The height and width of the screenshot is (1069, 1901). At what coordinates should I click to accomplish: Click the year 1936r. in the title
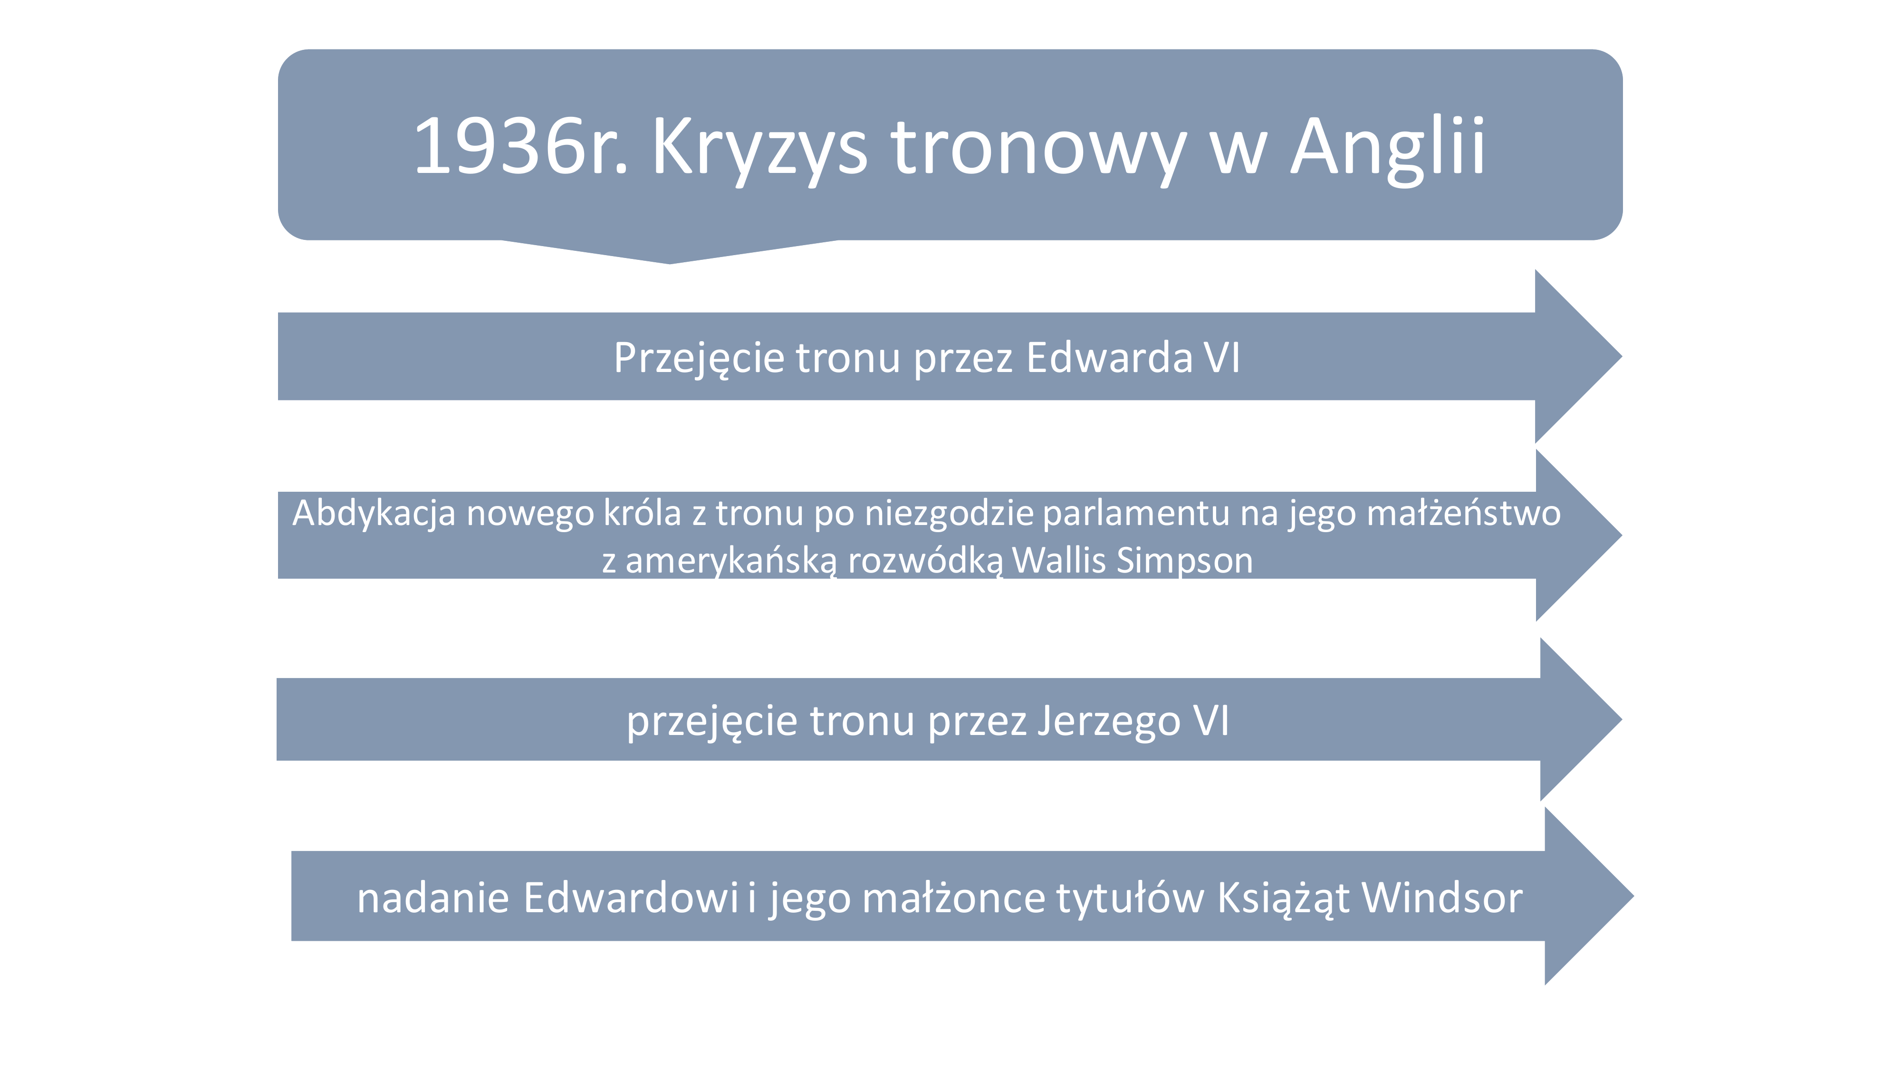[521, 146]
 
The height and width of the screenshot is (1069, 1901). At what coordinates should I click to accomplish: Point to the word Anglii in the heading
[1387, 151]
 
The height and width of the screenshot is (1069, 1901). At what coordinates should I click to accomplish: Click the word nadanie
[433, 898]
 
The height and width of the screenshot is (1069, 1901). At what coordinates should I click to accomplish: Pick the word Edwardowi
[631, 898]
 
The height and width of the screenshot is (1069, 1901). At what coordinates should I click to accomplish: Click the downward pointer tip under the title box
[669, 263]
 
